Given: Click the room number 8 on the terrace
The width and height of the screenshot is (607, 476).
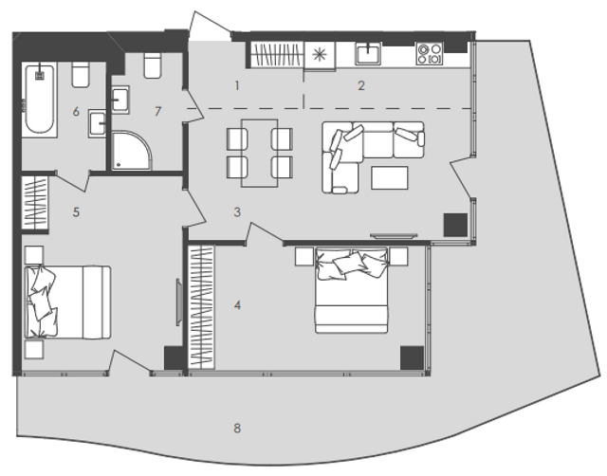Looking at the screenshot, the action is [x=237, y=428].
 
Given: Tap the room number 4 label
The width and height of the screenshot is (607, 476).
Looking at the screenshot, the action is [x=237, y=305].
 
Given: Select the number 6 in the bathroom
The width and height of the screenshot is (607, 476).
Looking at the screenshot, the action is [x=76, y=112].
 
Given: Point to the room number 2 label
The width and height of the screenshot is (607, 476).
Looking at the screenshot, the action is [x=361, y=85].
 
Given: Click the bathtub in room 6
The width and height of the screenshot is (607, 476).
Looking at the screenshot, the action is [x=40, y=99].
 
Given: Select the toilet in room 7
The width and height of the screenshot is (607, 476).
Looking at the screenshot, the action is [x=153, y=64].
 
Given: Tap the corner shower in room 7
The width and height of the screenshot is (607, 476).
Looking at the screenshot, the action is [x=131, y=150].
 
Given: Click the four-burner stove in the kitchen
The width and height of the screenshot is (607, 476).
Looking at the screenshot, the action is [x=430, y=53].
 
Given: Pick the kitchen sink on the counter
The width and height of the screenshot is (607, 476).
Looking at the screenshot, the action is [x=369, y=53].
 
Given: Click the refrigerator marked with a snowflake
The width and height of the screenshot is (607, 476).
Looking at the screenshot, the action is [x=320, y=56].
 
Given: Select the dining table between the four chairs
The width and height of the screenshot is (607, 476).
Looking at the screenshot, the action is [x=260, y=154].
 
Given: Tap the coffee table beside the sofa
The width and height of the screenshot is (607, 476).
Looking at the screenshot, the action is [x=390, y=177].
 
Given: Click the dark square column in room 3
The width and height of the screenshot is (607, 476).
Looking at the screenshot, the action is [x=455, y=225].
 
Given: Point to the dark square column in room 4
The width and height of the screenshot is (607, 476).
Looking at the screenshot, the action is [x=412, y=357].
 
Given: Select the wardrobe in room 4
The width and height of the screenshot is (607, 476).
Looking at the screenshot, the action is [x=201, y=307].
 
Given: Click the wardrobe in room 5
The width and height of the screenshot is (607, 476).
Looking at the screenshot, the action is [x=35, y=203].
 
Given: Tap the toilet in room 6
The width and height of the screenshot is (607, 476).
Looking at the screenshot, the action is [x=82, y=74].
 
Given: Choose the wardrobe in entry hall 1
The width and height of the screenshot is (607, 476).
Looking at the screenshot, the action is [x=277, y=55].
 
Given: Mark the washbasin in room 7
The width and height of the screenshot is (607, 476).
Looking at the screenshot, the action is [x=120, y=100].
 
